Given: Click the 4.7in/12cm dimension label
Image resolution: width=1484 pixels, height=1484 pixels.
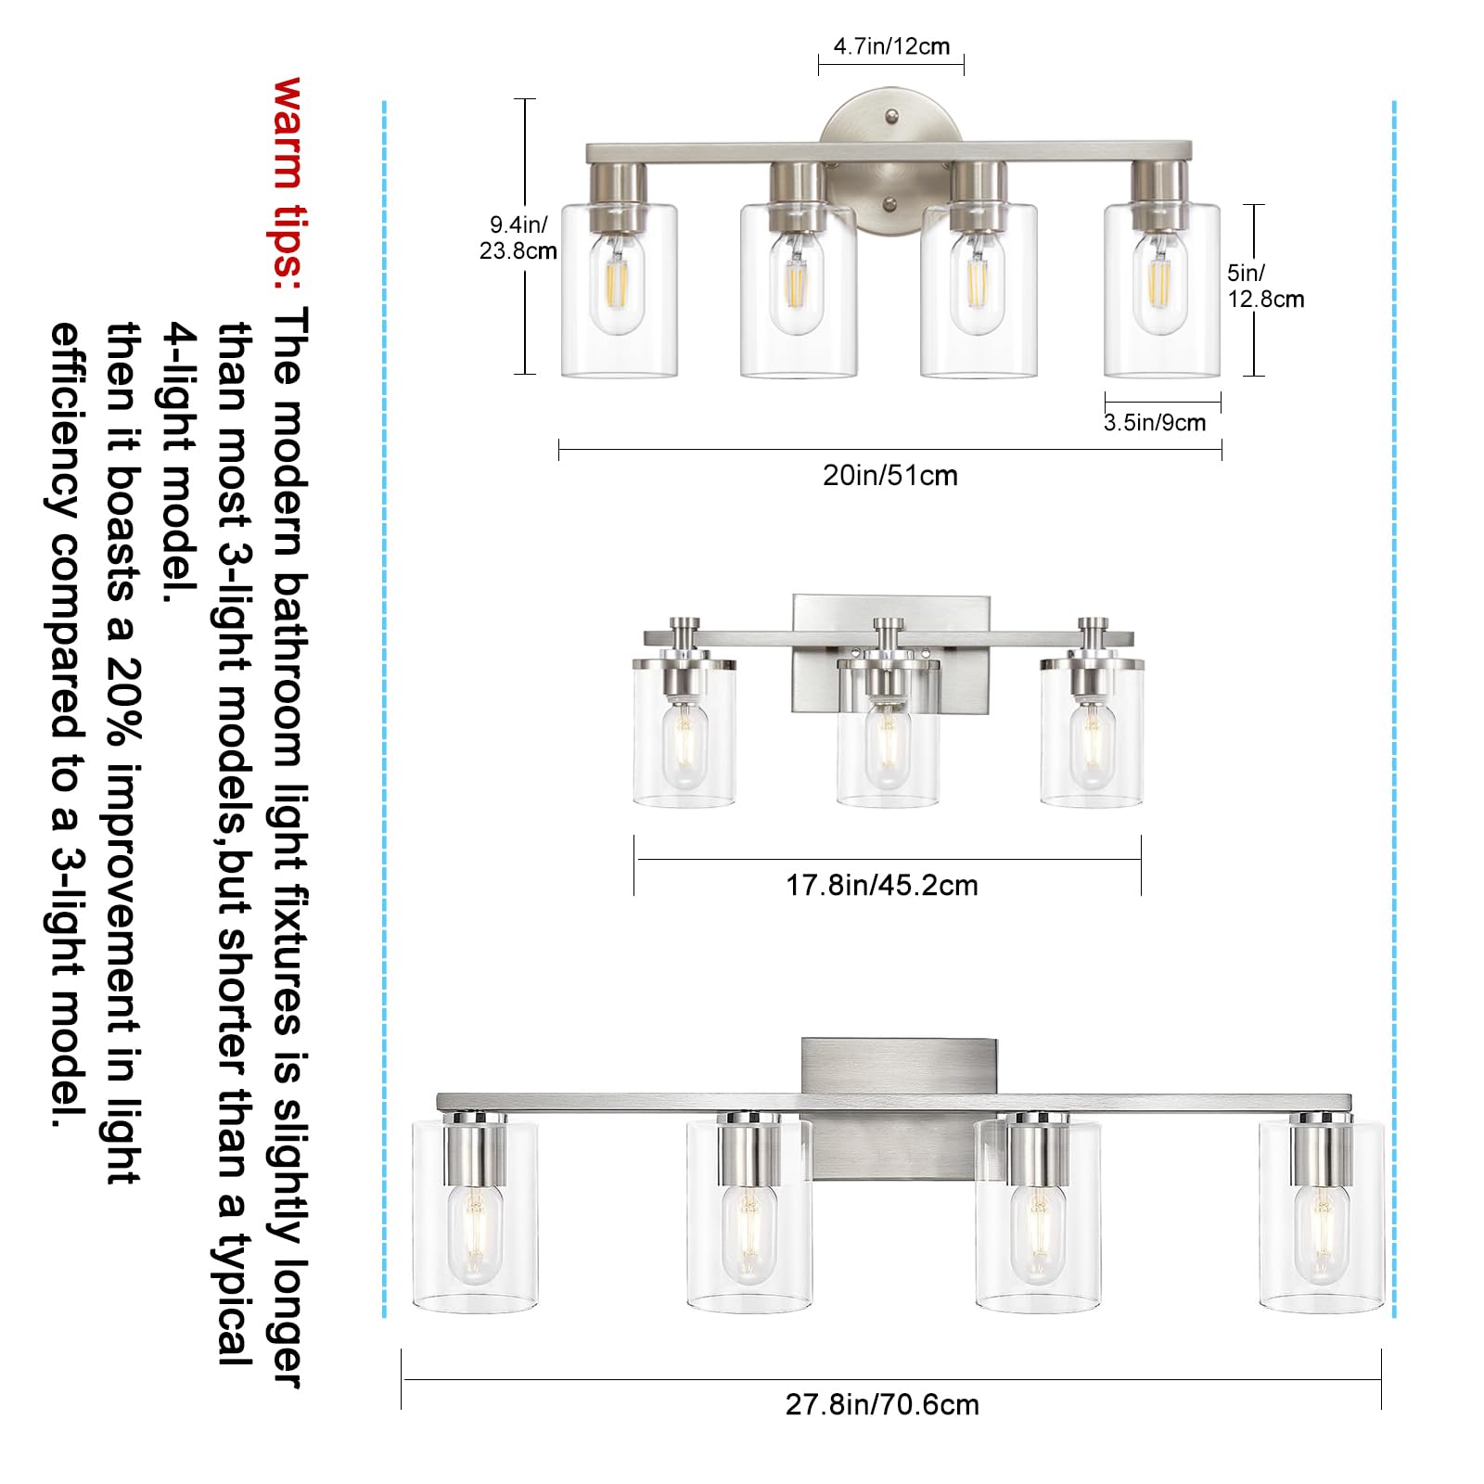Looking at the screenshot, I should pyautogui.click(x=890, y=46).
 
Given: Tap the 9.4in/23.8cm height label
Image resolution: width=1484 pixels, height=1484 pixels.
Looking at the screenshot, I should pyautogui.click(x=518, y=237).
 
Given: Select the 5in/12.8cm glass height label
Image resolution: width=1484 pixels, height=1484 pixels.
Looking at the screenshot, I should pyautogui.click(x=1264, y=286).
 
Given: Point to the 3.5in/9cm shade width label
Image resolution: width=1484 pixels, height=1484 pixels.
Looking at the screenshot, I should pyautogui.click(x=1155, y=423).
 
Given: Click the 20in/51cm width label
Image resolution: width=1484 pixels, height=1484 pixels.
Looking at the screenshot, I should pyautogui.click(x=889, y=476).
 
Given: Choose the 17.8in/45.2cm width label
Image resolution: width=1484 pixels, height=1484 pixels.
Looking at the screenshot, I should pyautogui.click(x=881, y=885).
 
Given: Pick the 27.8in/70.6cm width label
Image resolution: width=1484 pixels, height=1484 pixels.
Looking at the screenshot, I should pyautogui.click(x=881, y=1404).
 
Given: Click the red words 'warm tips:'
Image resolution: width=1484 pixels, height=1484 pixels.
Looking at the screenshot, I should pyautogui.click(x=288, y=176).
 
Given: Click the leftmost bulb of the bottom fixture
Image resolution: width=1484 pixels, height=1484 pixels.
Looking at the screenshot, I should pyautogui.click(x=475, y=1234).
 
